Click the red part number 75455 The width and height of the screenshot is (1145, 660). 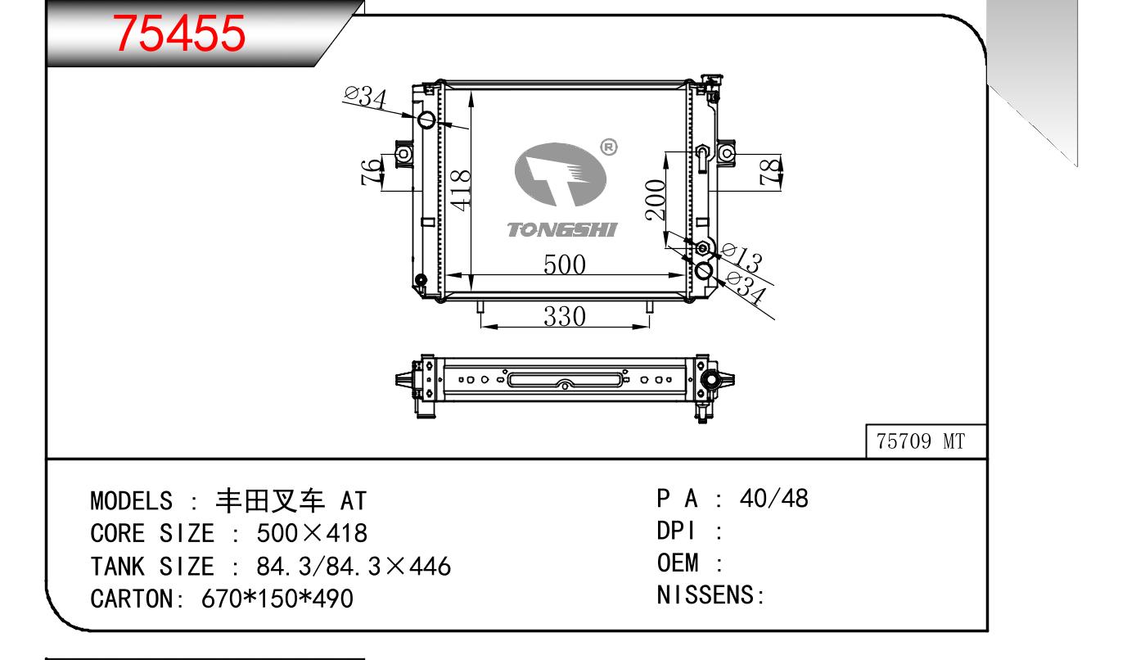coord(179,34)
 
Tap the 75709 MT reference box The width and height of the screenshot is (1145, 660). coord(926,441)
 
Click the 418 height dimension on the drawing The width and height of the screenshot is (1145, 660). coord(461,190)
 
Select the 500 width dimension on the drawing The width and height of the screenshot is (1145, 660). coord(565,264)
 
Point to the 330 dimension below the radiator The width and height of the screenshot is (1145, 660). coord(565,316)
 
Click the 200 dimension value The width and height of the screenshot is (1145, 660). coord(656,200)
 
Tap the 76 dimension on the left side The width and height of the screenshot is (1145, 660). coord(371,172)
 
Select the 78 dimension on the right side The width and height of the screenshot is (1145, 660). coord(770,171)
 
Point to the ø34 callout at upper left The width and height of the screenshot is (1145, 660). coord(366,97)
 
